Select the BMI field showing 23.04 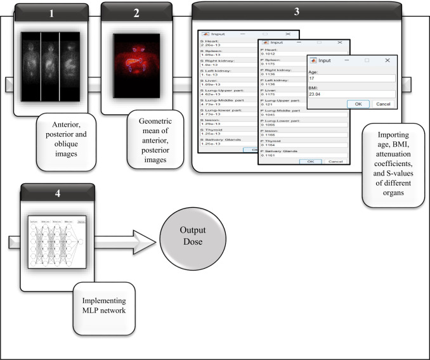tap(348, 93)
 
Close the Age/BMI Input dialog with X tap(387, 60)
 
